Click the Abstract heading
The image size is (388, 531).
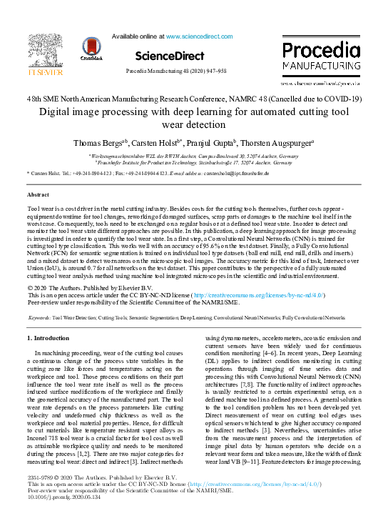pos(38,194)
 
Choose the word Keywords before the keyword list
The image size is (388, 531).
pos(39,316)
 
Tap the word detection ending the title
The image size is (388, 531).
pos(194,124)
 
